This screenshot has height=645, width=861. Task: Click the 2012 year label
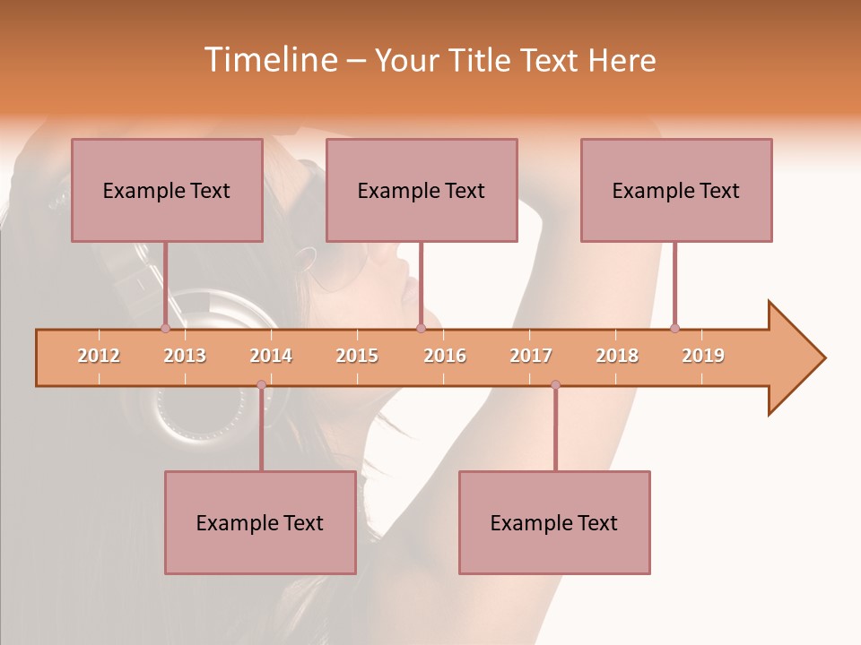pos(99,356)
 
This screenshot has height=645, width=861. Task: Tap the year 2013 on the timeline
pos(185,356)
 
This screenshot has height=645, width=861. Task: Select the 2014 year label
pos(271,356)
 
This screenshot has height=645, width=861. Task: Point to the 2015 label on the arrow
pos(357,356)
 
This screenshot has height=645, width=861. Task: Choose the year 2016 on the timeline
pos(445,356)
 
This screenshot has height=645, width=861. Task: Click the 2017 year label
pos(531,356)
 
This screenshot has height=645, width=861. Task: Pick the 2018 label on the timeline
pos(617,356)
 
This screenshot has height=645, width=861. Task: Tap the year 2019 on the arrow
pos(703,356)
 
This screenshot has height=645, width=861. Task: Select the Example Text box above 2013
pos(167,190)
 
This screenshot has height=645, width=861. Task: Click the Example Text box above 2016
pos(422,190)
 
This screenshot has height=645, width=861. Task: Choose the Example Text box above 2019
pos(676,190)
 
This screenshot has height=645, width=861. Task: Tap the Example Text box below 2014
pos(260,522)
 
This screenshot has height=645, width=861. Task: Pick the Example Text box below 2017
pos(554,522)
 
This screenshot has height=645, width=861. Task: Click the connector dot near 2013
pos(165,328)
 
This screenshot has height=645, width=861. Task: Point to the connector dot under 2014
pos(261,385)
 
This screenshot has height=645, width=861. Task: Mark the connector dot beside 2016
pos(421,328)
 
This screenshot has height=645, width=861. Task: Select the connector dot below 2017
pos(555,385)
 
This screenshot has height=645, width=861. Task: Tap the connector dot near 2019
pos(674,328)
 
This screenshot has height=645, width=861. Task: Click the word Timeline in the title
pos(268,60)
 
